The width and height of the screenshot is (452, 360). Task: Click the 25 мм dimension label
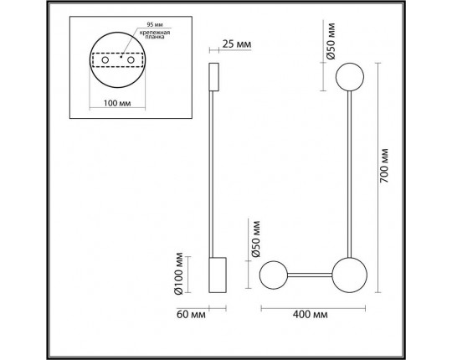point(237,44)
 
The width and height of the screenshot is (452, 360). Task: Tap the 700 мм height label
point(384,166)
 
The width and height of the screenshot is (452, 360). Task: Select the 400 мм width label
point(311,314)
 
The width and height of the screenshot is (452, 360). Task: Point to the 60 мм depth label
point(191,314)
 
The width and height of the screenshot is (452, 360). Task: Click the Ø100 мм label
point(178,274)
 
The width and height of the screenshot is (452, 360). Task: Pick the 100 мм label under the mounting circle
point(117,103)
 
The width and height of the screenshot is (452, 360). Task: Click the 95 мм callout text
point(155,24)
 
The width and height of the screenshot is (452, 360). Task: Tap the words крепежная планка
point(155,34)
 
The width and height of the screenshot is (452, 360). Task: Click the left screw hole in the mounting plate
point(105,60)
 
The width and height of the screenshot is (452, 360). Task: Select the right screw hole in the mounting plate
point(131,60)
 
